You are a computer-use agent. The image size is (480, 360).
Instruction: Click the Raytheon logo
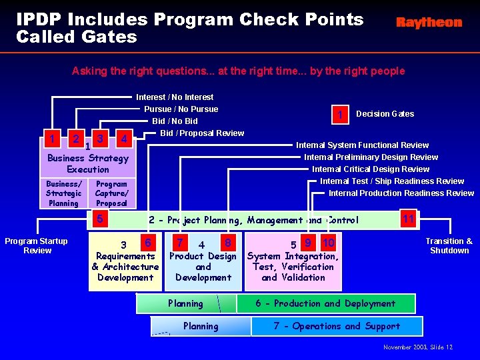point(429,23)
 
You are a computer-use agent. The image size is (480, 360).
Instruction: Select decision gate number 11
point(409,219)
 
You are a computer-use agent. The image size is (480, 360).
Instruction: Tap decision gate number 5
point(99,217)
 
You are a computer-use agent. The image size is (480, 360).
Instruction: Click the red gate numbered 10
point(328,244)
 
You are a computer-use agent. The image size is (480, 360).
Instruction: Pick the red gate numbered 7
point(179,243)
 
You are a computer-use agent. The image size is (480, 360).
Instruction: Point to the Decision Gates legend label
point(385,114)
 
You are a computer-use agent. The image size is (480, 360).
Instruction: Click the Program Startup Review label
point(36,246)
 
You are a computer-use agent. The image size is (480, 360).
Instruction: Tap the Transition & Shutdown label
point(449,246)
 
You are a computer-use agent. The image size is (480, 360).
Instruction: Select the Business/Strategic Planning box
point(63,193)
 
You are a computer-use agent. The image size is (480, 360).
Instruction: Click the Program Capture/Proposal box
point(111,193)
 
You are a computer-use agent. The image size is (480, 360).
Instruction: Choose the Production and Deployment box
point(325,304)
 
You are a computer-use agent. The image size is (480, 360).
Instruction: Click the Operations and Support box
point(337,326)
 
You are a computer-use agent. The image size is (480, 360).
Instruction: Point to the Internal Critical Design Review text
point(371,169)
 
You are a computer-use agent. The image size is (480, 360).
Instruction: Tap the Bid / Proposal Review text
point(202,133)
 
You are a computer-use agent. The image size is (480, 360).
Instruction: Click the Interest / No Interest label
point(175,97)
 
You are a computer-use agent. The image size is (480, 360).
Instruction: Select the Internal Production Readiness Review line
point(401,193)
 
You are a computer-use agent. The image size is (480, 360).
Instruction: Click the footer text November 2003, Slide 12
point(418,347)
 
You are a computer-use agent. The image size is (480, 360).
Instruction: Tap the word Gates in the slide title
point(111,37)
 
